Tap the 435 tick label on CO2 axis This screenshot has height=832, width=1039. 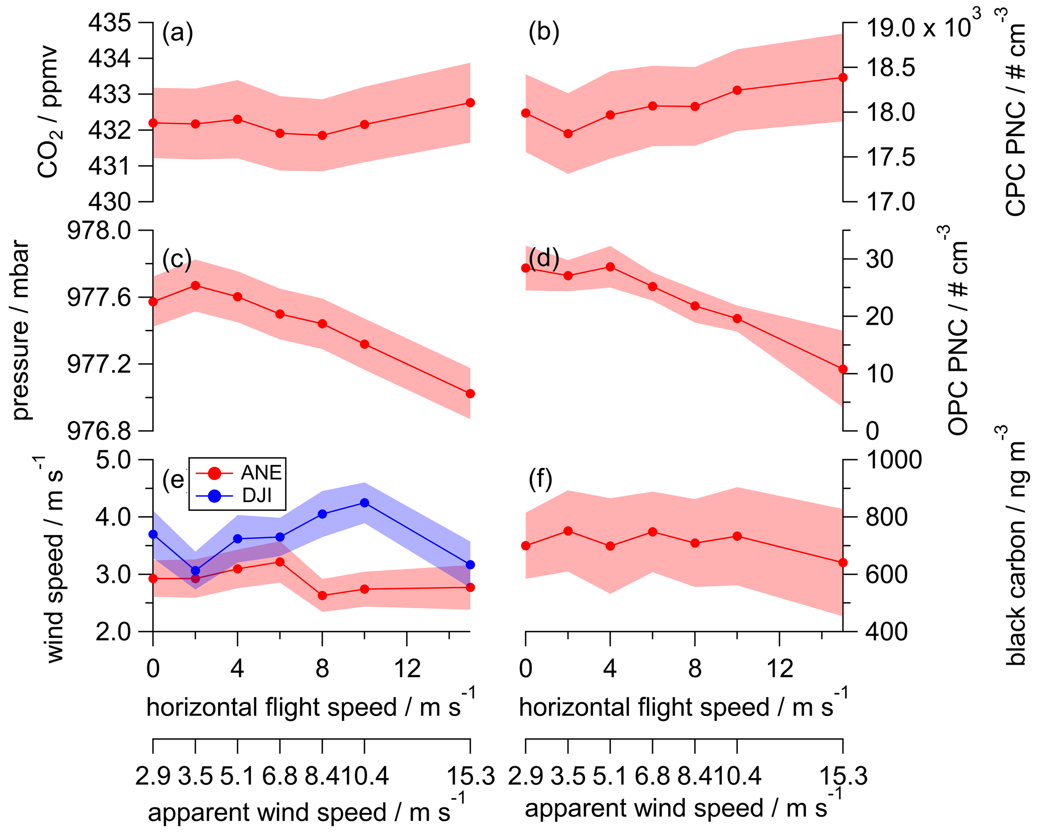(x=109, y=23)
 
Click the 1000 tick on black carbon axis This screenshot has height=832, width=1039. (x=893, y=459)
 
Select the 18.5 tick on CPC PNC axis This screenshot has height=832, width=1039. (x=890, y=68)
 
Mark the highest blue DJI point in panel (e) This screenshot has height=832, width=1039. (x=365, y=503)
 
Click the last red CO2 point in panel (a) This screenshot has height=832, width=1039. (x=470, y=103)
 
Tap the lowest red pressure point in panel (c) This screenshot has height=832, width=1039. (x=470, y=394)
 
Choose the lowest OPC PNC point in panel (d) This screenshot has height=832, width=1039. (x=843, y=369)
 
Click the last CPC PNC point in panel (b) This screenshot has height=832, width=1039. (x=843, y=77)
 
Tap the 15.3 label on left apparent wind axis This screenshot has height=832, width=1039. (x=470, y=777)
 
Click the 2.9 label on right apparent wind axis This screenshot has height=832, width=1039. (x=526, y=777)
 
